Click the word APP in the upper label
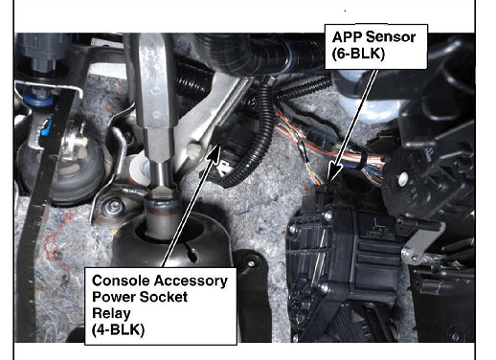347,37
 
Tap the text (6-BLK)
358,54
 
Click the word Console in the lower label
121,281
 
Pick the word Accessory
192,281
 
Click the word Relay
111,314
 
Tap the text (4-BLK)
118,329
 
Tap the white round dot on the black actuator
403,177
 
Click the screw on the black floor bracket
251,263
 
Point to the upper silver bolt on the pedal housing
327,215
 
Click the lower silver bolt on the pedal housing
324,288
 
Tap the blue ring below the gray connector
39,99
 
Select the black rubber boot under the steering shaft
170,237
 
